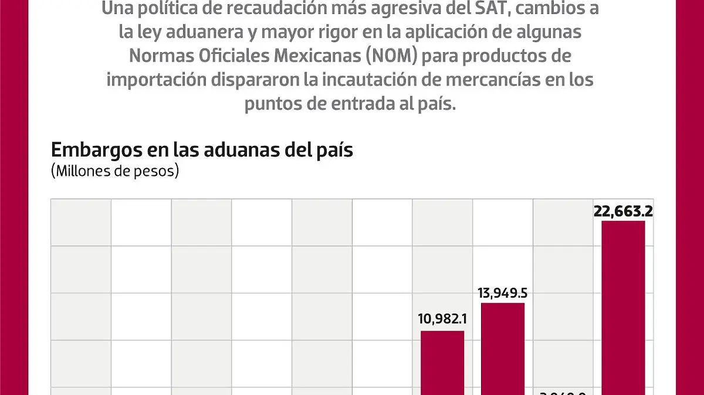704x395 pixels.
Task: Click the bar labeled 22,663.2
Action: [623, 308]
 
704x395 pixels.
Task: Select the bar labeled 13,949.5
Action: [503, 349]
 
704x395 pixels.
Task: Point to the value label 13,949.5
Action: [502, 293]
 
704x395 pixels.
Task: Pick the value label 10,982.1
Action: [442, 320]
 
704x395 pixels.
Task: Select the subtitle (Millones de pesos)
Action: [115, 171]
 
